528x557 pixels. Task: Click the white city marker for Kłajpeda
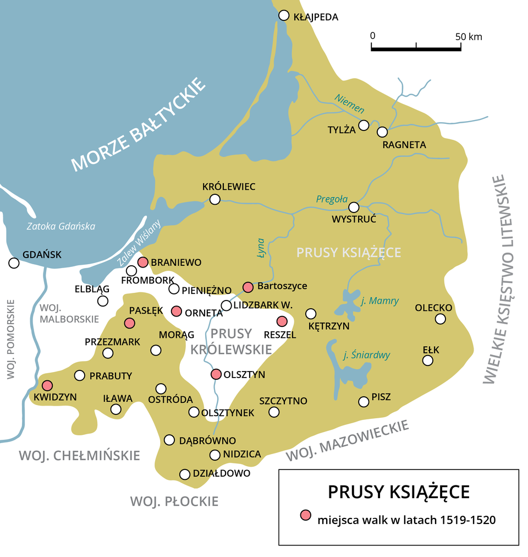[x=284, y=15]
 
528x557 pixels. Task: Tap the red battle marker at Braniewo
[x=143, y=262]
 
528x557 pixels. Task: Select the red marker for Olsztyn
[x=216, y=374]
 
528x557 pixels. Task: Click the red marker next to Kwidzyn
[x=47, y=385]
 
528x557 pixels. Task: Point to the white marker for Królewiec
[x=215, y=199]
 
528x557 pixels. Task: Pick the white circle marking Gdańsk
[x=14, y=263]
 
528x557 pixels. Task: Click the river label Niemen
[x=349, y=103]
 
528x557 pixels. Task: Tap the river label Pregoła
[x=332, y=199]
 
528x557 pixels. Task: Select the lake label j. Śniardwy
[x=366, y=355]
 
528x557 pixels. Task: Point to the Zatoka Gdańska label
[x=61, y=226]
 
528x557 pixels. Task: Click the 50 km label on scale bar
[x=469, y=37]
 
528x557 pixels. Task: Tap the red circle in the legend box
[x=305, y=516]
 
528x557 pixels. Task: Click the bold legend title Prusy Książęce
[x=399, y=491]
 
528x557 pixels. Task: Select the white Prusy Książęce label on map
[x=349, y=252]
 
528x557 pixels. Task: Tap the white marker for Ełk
[x=427, y=361]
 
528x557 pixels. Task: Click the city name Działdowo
[x=222, y=473]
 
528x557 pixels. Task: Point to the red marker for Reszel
[x=282, y=321]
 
